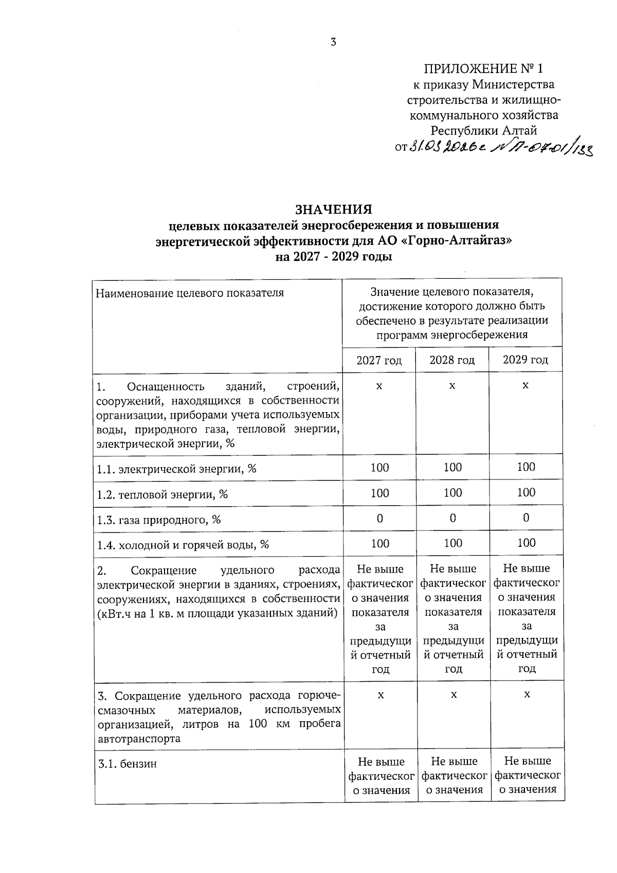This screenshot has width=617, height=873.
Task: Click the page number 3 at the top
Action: coord(333,43)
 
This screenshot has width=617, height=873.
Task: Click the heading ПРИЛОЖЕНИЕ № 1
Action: coord(483,69)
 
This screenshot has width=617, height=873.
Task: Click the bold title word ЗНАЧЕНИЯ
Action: coord(333,209)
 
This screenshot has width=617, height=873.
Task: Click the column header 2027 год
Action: coord(379,360)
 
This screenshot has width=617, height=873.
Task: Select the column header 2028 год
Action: coord(452,360)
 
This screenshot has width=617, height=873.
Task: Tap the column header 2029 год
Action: coord(525,360)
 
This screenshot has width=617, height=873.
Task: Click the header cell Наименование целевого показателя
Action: coord(190,293)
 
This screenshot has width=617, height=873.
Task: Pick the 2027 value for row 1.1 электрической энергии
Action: coord(379,468)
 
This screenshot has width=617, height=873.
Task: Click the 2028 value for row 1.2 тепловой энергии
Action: coord(452,493)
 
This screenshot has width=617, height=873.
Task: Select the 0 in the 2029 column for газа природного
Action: coord(526,518)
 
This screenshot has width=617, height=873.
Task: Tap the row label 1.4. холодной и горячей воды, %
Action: coord(183,544)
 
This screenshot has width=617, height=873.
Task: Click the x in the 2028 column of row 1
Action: coord(452,386)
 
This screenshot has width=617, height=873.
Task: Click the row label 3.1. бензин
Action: coord(128,764)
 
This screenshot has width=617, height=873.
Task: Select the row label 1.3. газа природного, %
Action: coord(159,520)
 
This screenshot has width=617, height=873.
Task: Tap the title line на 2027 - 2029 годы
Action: coord(334,256)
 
